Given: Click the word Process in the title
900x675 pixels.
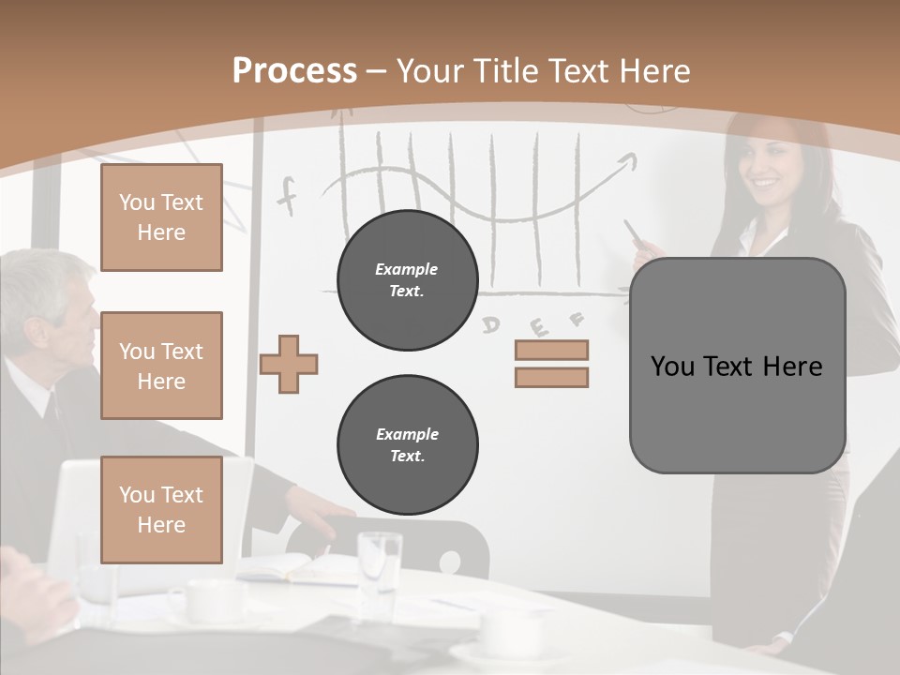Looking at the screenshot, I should pyautogui.click(x=294, y=70).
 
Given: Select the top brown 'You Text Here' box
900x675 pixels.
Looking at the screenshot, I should pyautogui.click(x=161, y=217).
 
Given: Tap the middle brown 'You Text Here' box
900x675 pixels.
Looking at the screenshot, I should pyautogui.click(x=161, y=366).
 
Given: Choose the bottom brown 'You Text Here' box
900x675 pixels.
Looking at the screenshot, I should pyautogui.click(x=161, y=510).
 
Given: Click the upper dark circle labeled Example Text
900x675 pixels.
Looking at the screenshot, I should pyautogui.click(x=407, y=279).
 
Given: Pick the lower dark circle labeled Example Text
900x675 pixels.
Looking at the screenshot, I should pyautogui.click(x=407, y=444).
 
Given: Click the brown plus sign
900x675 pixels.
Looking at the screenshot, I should pyautogui.click(x=289, y=363).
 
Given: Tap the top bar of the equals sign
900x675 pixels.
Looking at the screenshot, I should pyautogui.click(x=551, y=350).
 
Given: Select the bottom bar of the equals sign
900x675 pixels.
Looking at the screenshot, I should pyautogui.click(x=551, y=377).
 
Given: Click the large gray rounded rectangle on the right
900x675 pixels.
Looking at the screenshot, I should pyautogui.click(x=737, y=366).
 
